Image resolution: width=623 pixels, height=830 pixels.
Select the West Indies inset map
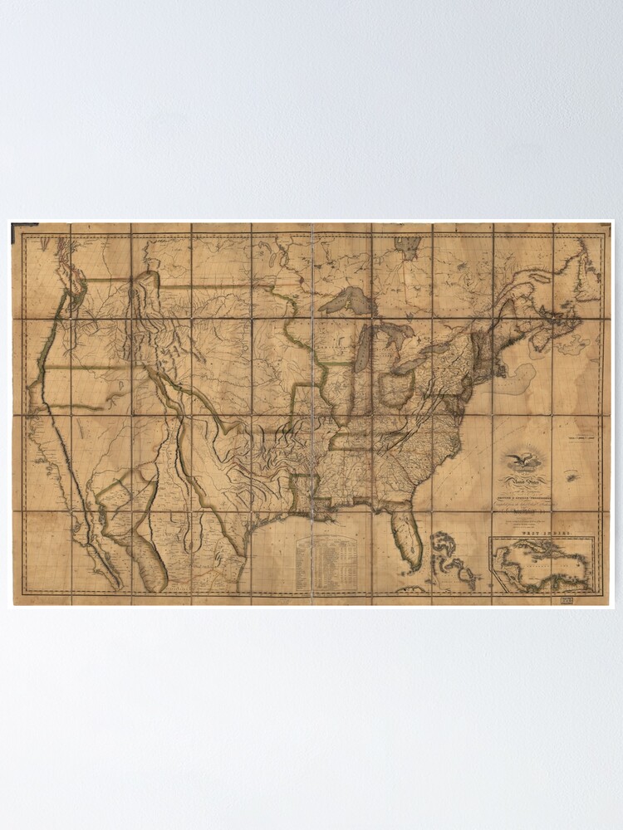542,564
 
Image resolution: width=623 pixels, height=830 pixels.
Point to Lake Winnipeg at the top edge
408,247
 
